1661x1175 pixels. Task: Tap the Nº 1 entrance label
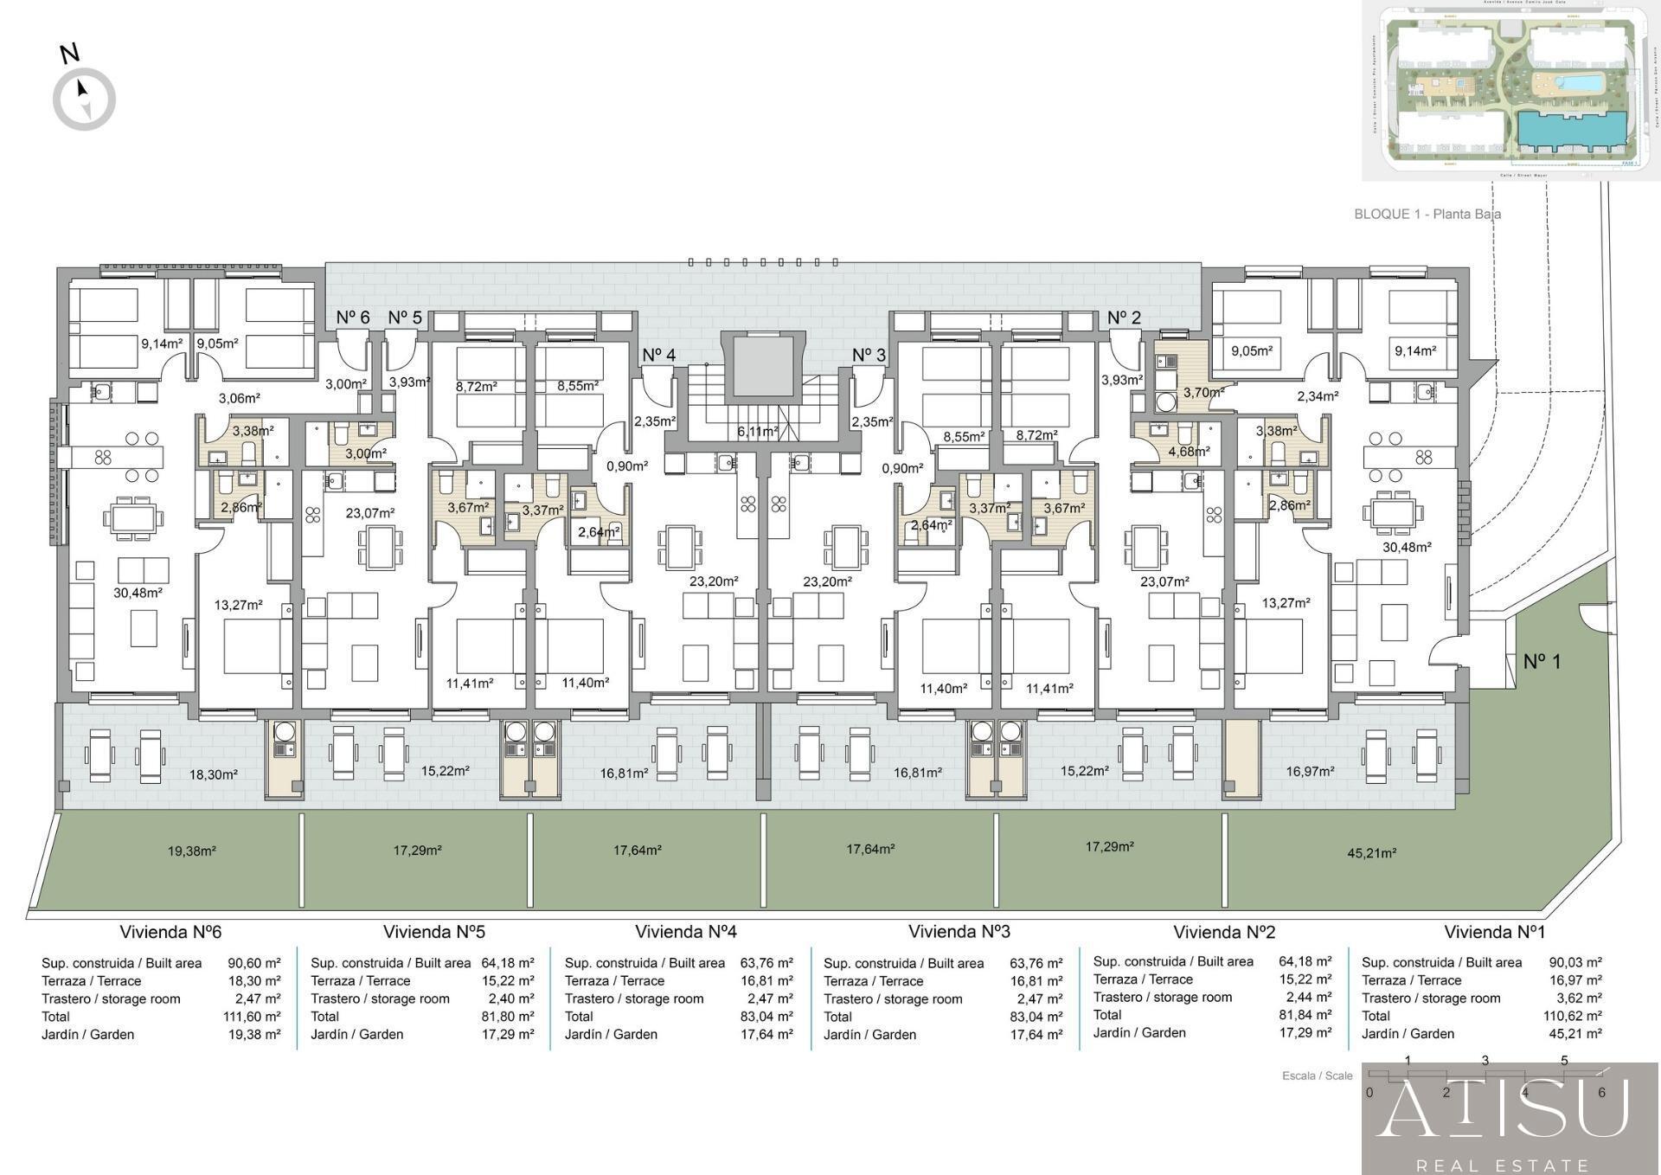click(1542, 661)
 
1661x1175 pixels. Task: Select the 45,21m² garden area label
click(1371, 853)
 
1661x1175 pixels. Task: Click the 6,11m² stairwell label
click(757, 431)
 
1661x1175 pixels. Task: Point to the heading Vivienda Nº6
click(170, 932)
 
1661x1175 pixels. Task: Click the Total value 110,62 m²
click(1572, 1016)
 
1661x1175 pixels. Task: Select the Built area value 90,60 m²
click(253, 963)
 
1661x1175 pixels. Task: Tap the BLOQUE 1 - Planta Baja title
click(1427, 214)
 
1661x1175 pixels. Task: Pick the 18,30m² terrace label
click(213, 774)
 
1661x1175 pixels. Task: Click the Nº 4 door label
click(658, 355)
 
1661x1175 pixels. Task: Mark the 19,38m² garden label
click(191, 851)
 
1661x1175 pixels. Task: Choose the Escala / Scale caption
click(1317, 1075)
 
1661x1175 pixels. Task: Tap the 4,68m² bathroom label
click(1189, 451)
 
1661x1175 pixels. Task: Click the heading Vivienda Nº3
click(959, 932)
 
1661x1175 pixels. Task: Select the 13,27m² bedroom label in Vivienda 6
click(238, 605)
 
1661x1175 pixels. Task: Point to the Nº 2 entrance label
click(1124, 318)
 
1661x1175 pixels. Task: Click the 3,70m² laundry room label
click(1203, 392)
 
